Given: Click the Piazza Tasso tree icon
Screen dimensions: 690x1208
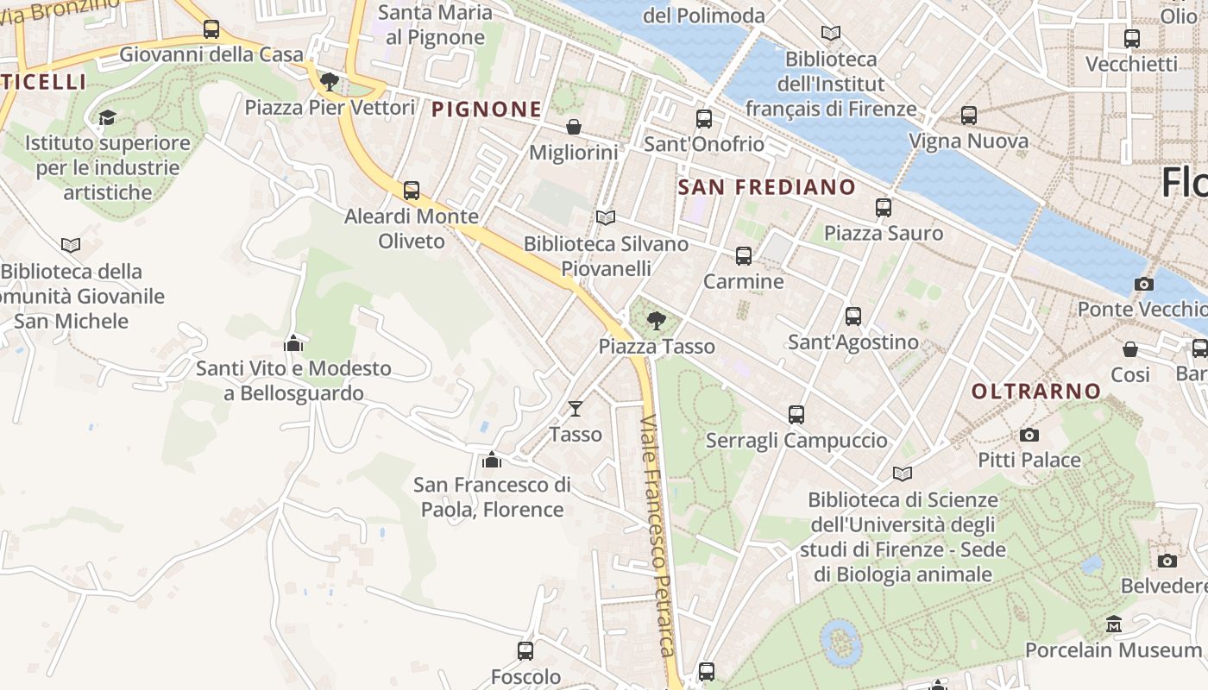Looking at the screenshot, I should [x=657, y=321].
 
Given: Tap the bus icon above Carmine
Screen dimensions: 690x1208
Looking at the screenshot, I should [x=744, y=256].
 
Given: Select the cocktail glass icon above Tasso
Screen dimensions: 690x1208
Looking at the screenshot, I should [x=576, y=408].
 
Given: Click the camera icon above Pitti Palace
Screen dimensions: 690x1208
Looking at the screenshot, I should [x=1029, y=435].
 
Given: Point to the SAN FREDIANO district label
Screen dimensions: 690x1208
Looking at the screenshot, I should [x=766, y=187].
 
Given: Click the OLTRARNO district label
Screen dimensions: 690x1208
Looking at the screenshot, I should [x=1036, y=392].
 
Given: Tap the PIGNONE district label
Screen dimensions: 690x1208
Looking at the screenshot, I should [x=487, y=110].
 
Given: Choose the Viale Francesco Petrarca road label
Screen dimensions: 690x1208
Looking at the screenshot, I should [x=657, y=535].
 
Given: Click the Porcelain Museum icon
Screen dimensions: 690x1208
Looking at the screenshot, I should [x=1114, y=624].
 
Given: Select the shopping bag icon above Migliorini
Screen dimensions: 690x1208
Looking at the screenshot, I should [x=574, y=128].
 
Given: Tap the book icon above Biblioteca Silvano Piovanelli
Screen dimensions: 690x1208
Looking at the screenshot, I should [x=606, y=218].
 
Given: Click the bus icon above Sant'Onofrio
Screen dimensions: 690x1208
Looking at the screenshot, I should [x=704, y=119].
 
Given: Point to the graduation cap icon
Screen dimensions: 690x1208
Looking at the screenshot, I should [x=107, y=117].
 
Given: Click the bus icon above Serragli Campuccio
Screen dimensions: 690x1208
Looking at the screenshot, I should [x=796, y=415].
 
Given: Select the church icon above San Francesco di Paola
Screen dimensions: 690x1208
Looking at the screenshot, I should [x=492, y=460].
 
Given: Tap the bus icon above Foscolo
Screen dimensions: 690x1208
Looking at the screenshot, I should [x=525, y=651].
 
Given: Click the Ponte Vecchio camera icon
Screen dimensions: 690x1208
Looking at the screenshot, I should [x=1144, y=284].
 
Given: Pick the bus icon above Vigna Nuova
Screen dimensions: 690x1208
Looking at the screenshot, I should [x=969, y=116].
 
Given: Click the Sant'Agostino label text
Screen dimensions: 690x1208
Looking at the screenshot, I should [x=853, y=342].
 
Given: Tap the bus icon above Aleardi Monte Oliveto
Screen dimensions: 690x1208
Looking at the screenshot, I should [x=412, y=191].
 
